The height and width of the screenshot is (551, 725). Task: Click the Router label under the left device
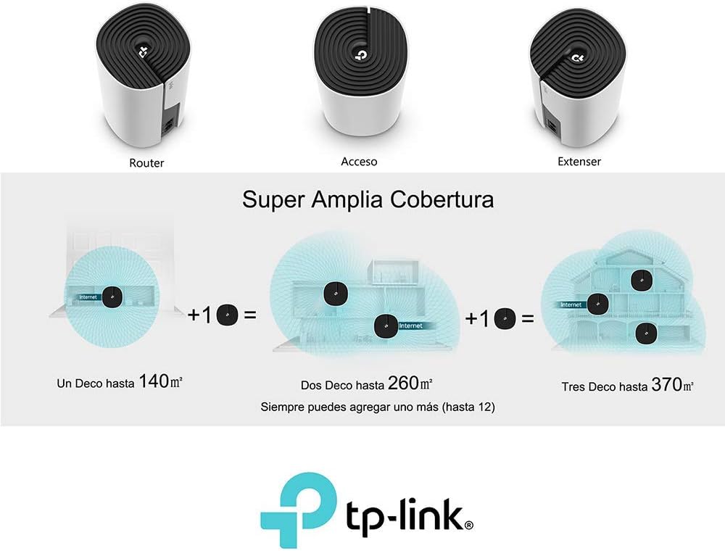coord(146,163)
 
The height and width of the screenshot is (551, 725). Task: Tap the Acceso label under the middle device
coord(359,162)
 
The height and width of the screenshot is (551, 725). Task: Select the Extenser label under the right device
coord(579,162)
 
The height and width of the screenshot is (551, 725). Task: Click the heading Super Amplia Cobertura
coord(368,199)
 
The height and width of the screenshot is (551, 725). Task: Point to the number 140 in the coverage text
coord(153,381)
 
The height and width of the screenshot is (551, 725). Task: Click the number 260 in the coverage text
coord(403,383)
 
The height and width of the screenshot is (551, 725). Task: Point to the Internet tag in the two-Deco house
coord(410,326)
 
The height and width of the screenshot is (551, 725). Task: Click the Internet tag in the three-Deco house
coord(571,304)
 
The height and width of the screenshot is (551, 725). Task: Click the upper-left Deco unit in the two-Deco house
coord(335,292)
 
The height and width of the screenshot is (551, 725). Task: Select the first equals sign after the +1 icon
coord(249,315)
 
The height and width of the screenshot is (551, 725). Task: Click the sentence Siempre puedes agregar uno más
coord(377,407)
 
